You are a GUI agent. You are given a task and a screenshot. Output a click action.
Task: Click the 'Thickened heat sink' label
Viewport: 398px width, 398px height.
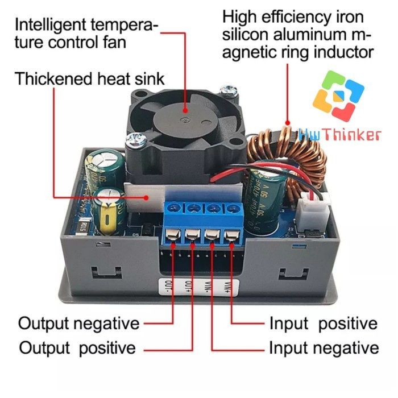[90, 78]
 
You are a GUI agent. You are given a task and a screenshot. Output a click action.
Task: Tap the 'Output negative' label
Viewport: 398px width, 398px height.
[78, 324]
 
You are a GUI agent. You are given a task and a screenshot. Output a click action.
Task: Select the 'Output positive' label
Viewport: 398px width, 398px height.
[77, 347]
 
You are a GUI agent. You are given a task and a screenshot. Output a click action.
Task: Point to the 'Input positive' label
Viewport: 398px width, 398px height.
[323, 324]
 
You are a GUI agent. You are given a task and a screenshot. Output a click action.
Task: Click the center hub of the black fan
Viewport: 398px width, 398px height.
[186, 118]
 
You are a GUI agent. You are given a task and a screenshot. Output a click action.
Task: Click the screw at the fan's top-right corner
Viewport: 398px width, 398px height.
[230, 89]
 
